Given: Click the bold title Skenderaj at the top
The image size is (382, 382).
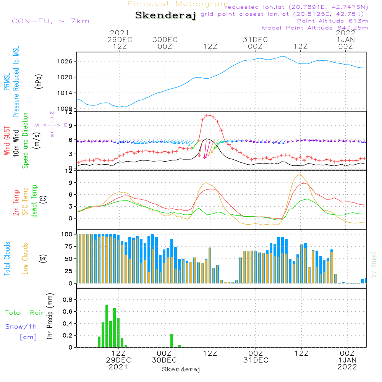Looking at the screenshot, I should tap(165, 16).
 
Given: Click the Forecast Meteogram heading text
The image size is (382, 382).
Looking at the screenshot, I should tap(178, 4).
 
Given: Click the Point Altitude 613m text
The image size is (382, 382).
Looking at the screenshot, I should tap(332, 21).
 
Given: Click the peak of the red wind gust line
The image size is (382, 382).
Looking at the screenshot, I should tap(208, 115).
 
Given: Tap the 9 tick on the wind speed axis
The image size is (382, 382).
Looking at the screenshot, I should tap(70, 126).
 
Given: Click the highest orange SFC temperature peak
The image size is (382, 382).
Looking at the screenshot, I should tap(301, 175).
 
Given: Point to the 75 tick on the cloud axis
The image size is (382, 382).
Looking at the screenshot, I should tap(68, 246).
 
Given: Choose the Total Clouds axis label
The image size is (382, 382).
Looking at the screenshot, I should tap(7, 259).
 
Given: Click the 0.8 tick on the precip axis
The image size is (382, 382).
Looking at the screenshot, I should tap(67, 299).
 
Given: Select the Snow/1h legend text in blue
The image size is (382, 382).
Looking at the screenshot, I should tap(21, 327).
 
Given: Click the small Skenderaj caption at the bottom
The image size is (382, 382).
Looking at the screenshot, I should tap(181, 369).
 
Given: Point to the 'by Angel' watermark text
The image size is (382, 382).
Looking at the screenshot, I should tap(374, 264).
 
